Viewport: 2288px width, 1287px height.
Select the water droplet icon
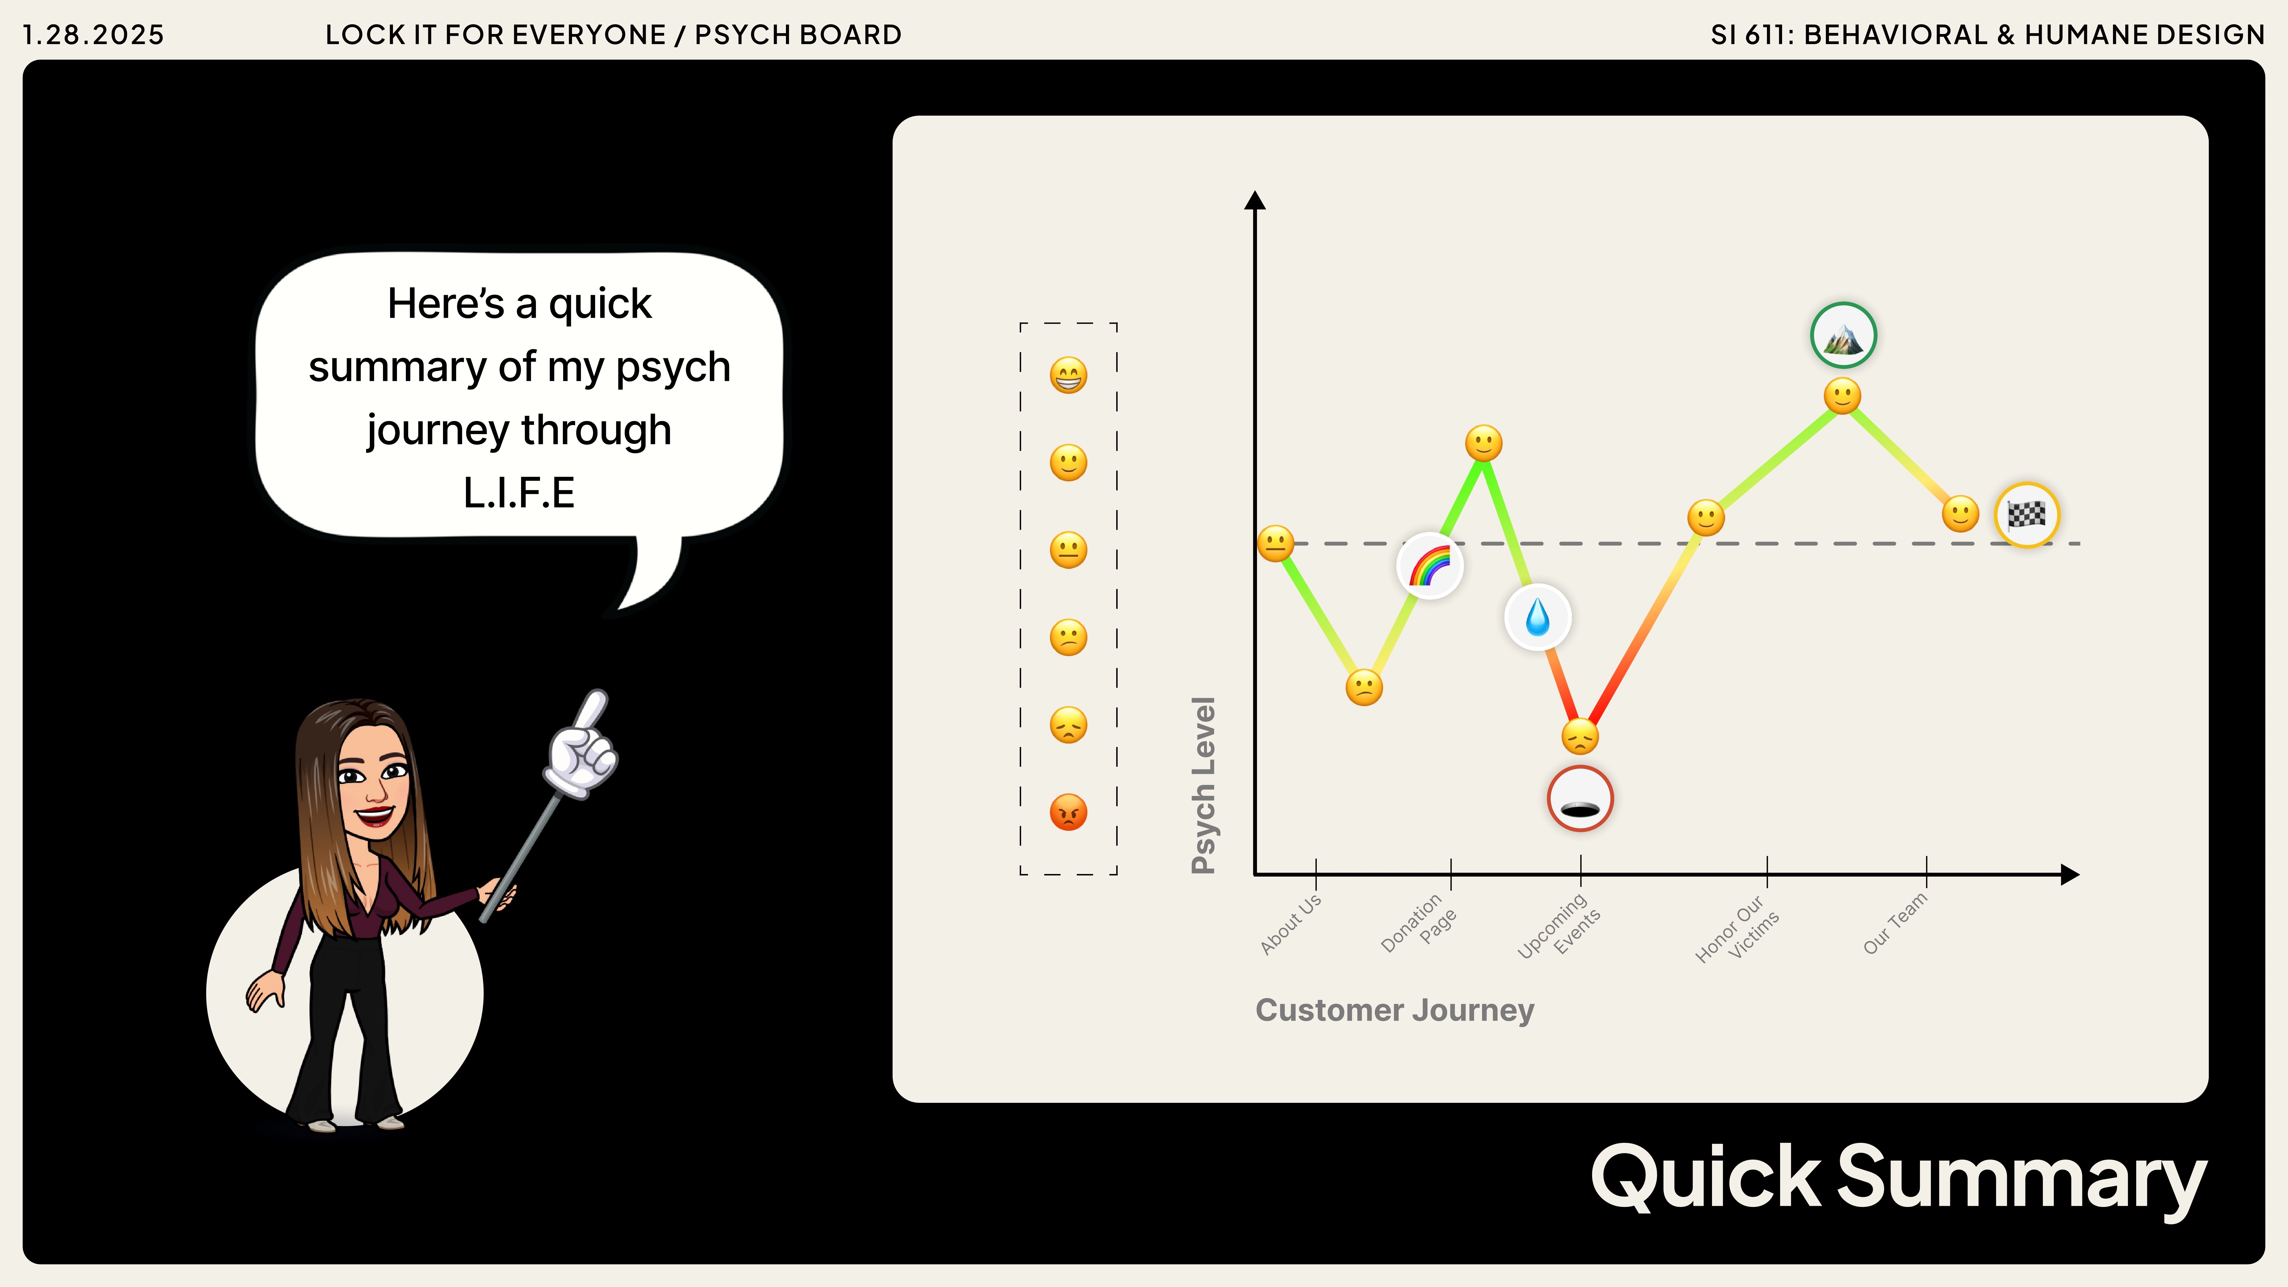tap(1538, 617)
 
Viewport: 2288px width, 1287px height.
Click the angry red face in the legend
tap(1068, 812)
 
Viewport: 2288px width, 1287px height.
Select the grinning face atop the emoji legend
tap(1068, 375)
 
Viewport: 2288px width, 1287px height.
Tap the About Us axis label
tap(1290, 924)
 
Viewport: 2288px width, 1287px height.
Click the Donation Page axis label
tap(1419, 924)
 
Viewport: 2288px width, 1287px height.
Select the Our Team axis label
tap(1895, 924)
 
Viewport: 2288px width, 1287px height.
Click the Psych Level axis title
tap(1203, 785)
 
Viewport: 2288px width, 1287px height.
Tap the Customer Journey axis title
tap(1395, 1011)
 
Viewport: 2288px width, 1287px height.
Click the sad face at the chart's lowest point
tap(1580, 736)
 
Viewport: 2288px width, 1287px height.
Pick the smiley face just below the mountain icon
tap(1842, 396)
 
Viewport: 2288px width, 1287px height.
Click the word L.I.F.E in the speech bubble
tap(520, 493)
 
